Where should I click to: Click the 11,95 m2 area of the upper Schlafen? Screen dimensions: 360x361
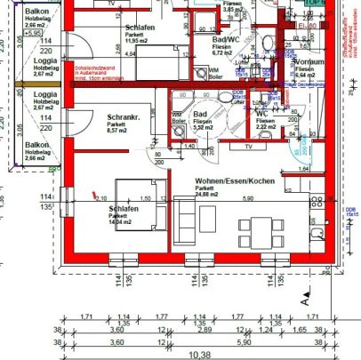135,40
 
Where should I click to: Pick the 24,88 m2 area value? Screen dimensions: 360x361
210,196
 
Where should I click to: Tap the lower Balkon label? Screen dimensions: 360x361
36,144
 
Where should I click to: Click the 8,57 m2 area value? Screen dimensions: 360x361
118,131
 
